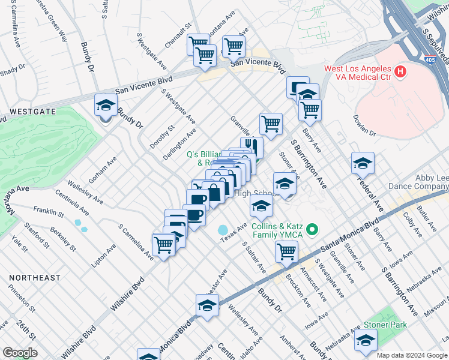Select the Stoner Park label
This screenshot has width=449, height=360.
385,325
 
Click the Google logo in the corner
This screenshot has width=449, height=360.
19,353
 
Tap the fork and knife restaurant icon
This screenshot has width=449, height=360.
252,147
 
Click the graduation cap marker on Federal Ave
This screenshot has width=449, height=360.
363,163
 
